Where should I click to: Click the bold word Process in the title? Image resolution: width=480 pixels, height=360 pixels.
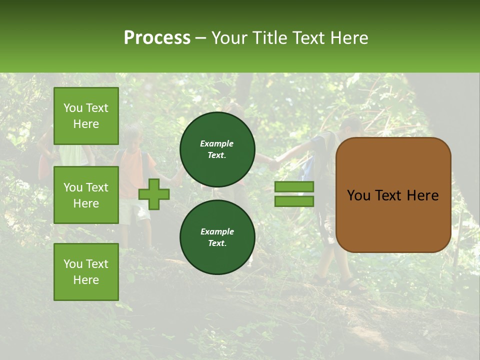(x=157, y=38)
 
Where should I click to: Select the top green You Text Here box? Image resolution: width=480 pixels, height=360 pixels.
(x=86, y=116)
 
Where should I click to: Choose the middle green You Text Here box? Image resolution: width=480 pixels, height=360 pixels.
(x=86, y=195)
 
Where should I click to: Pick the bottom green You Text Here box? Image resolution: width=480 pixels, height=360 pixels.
(x=86, y=271)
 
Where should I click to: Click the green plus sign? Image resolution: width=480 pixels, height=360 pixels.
(x=153, y=194)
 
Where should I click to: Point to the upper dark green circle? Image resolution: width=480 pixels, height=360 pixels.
(x=217, y=149)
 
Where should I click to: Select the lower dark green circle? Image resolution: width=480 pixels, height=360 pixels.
(x=217, y=237)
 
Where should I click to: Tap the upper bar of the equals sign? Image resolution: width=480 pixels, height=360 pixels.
(x=294, y=186)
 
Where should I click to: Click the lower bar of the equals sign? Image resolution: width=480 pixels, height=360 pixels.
(x=294, y=201)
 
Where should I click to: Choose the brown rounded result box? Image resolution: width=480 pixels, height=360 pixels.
(x=393, y=194)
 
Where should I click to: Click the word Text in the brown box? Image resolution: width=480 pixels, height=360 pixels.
(x=390, y=195)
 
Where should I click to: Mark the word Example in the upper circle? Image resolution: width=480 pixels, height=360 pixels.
(x=217, y=143)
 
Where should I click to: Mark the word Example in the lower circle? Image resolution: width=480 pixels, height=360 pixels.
(x=217, y=231)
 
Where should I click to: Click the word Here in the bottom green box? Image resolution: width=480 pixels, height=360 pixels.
(x=86, y=280)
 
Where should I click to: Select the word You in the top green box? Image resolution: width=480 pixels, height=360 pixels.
(x=73, y=108)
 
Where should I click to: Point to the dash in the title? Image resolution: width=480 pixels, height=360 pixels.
(x=200, y=38)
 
